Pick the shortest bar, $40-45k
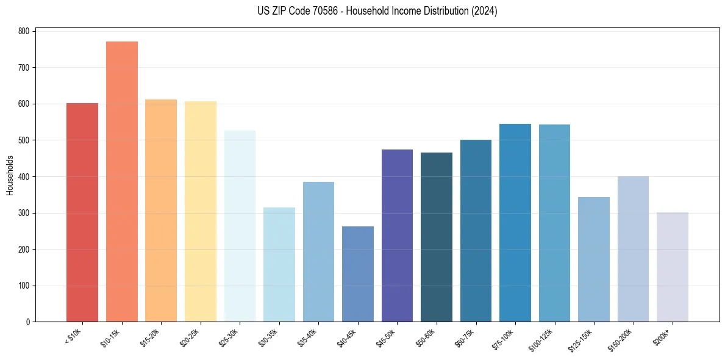coord(358,274)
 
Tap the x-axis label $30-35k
coord(269,338)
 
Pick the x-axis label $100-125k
coord(544,339)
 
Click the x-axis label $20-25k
coord(190,338)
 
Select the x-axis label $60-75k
coord(466,338)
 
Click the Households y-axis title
coord(10,176)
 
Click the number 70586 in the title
coord(312,11)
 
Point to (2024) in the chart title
coord(484,11)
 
